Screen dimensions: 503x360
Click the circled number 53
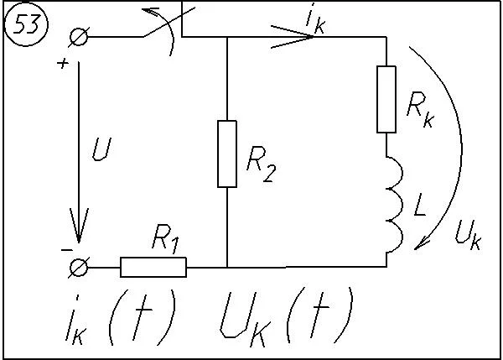pos(26,24)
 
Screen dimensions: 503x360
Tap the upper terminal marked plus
pos(79,37)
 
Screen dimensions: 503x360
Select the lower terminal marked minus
pos(79,267)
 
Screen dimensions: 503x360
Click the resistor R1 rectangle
pos(153,267)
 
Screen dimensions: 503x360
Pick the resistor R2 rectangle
pos(227,154)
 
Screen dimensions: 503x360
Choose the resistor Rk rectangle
pos(386,99)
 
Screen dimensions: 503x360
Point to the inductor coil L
pos(394,205)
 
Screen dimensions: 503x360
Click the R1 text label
pos(165,238)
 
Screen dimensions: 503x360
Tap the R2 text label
pos(261,164)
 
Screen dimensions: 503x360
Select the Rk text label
pos(420,110)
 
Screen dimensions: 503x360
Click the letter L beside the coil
pos(420,204)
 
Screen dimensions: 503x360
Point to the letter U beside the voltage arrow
pos(101,149)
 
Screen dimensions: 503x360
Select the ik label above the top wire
pos(315,20)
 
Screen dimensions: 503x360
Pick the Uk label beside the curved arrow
pos(469,235)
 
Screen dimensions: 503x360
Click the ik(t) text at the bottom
pos(121,317)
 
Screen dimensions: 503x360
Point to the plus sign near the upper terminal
pos(63,63)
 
